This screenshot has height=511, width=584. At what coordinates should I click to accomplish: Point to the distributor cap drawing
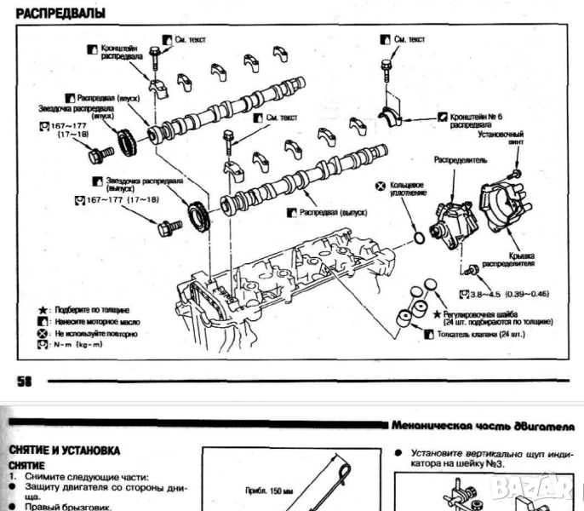506,210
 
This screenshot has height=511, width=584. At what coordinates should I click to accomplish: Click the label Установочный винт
502,138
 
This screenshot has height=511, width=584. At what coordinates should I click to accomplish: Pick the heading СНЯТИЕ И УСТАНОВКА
65,449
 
